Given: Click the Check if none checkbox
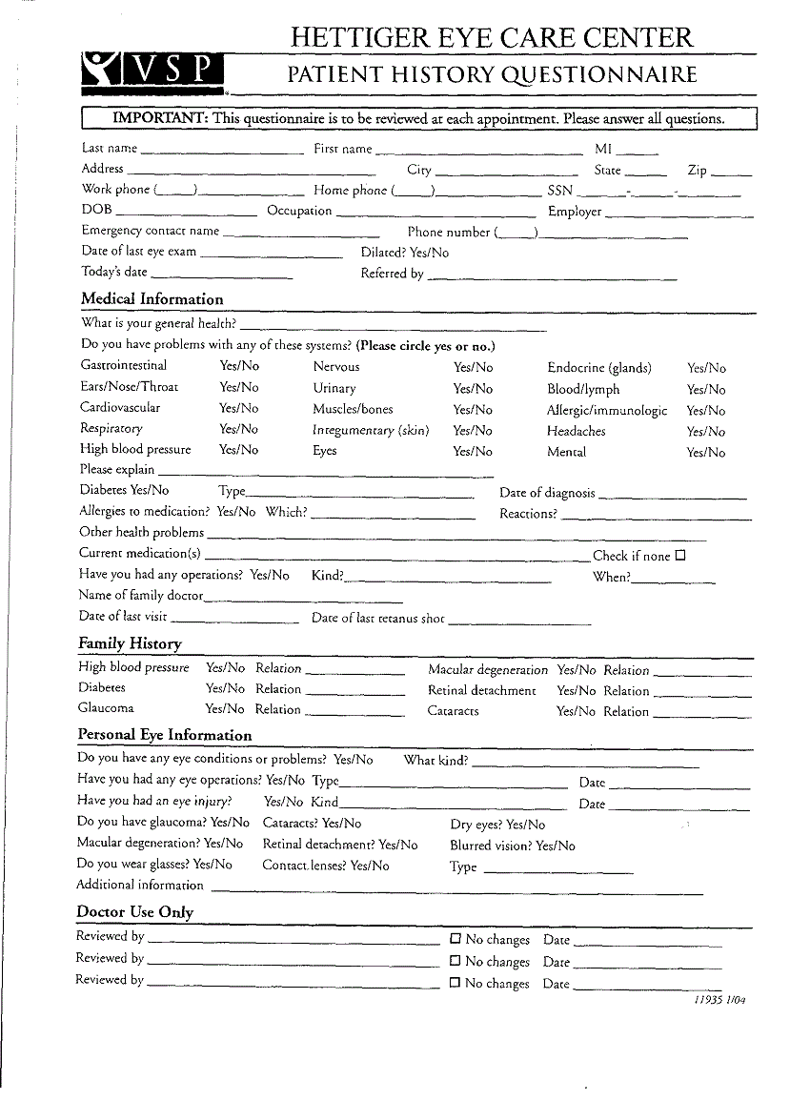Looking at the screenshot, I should point(680,555).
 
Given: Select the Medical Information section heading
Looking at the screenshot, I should point(152,298).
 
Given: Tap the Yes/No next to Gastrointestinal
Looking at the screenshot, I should point(239,366).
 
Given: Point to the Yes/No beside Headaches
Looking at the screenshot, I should point(706,432).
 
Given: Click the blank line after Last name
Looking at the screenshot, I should point(221,151).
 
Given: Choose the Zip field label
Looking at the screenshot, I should point(698,171).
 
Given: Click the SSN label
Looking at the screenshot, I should point(560,191).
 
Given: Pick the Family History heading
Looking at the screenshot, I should point(130,643).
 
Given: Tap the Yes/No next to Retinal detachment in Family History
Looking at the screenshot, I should point(577,691).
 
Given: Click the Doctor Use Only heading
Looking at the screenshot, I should point(134,912).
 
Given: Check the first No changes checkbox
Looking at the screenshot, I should point(456,939).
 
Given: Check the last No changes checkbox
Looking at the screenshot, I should point(456,982).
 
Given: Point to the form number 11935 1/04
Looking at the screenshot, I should point(719,1000).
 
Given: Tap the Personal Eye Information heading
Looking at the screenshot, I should point(165,735).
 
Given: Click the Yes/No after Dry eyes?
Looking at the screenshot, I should point(525,825).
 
